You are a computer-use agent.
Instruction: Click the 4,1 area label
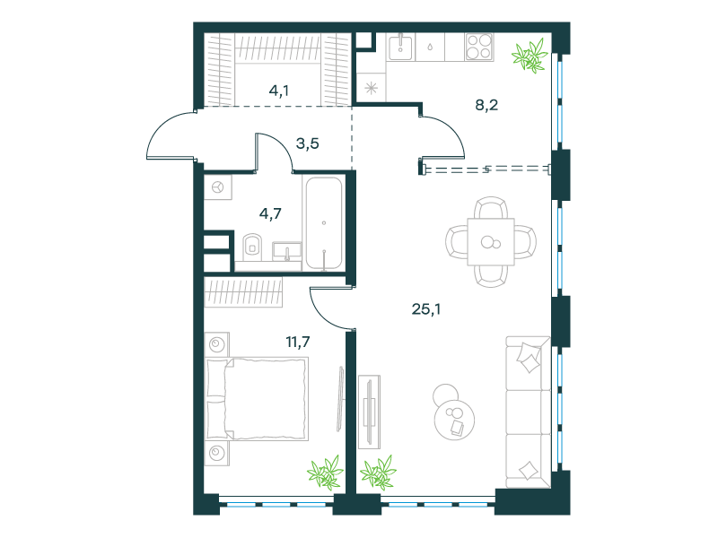278,91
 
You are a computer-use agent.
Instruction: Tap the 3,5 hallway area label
307,143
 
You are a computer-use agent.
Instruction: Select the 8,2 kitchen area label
486,105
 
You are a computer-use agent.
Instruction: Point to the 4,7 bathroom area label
270,213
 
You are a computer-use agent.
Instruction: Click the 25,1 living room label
425,309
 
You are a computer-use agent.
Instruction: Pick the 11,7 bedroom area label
298,342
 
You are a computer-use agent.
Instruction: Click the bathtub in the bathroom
324,222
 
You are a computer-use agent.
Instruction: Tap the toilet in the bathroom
252,245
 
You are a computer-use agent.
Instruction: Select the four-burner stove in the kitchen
479,47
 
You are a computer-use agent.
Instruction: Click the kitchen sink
400,48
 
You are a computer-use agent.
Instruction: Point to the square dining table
491,242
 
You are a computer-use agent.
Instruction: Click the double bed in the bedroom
257,399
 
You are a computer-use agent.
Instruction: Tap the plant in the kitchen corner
530,56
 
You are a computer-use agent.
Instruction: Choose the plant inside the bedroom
326,473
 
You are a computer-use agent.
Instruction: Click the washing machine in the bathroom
218,187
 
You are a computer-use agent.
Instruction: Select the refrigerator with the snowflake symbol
372,87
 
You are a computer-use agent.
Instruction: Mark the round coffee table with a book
454,420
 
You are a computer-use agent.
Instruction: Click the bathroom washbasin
287,251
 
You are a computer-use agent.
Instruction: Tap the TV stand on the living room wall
369,412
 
